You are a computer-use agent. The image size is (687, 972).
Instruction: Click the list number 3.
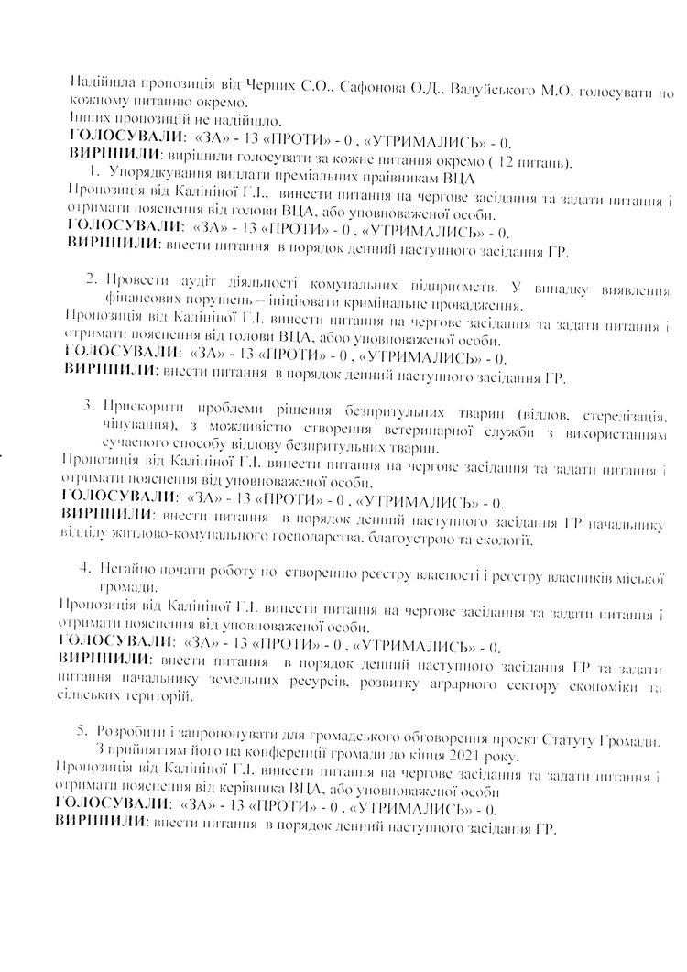[88, 403]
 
